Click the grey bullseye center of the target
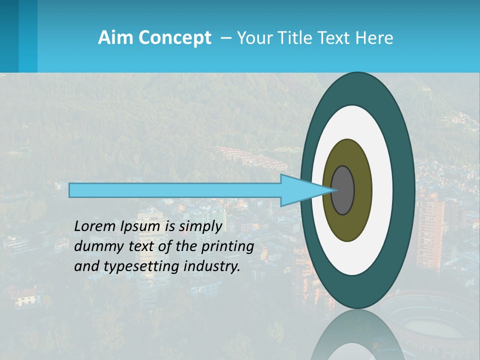tap(343, 190)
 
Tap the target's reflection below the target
tap(357, 335)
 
